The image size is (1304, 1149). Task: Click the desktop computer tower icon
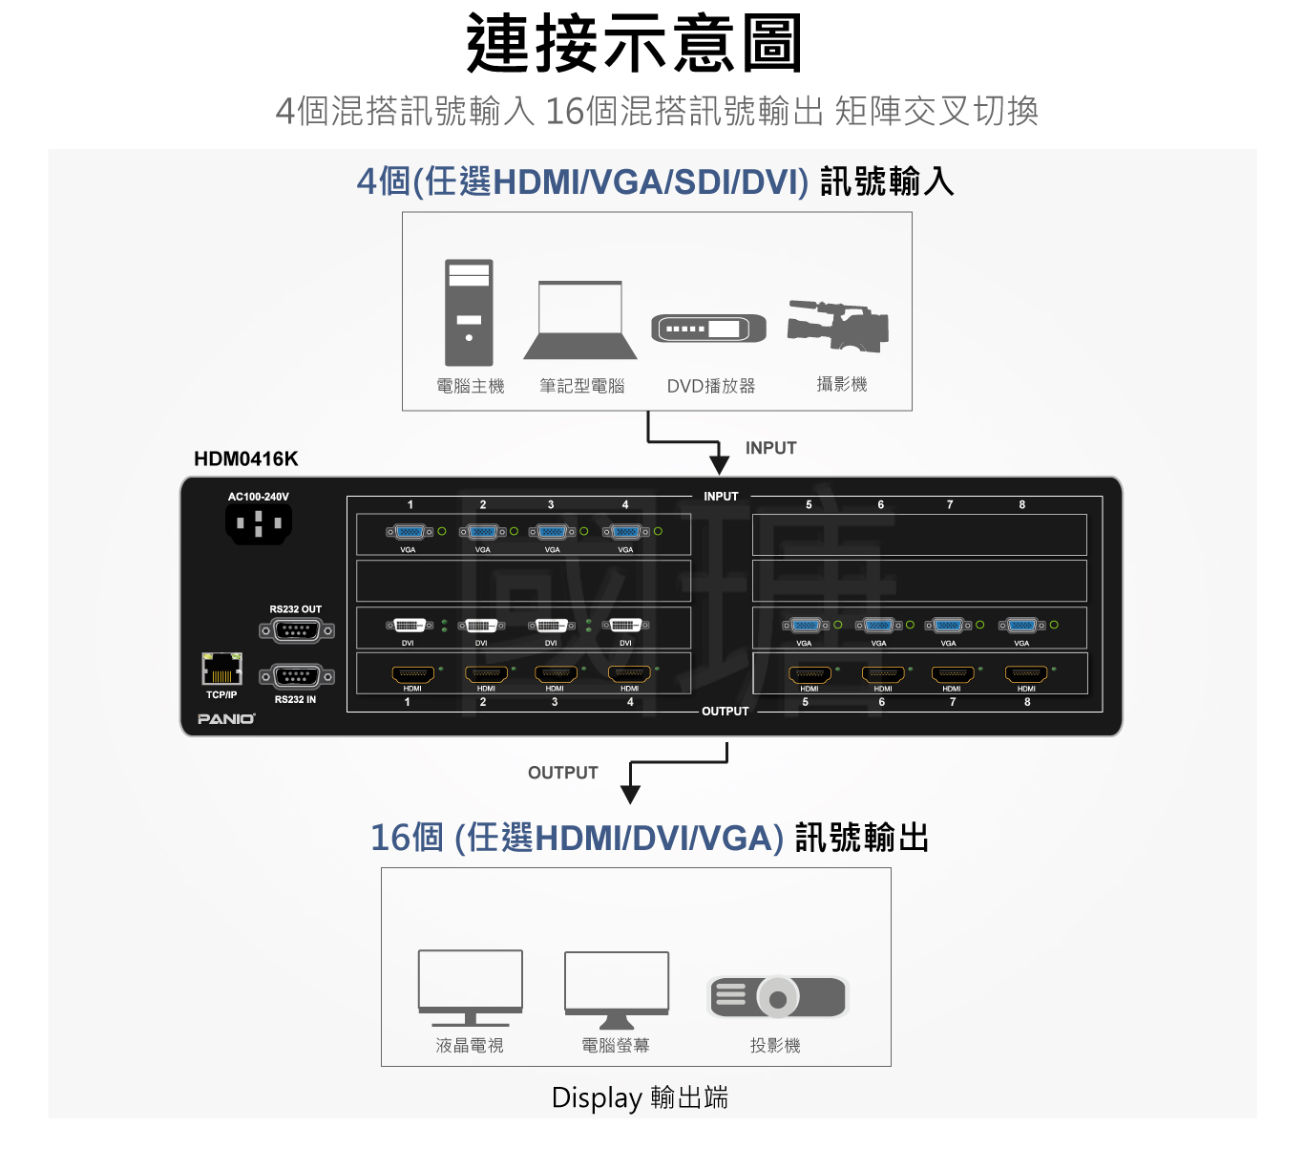(469, 312)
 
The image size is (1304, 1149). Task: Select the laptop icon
(579, 320)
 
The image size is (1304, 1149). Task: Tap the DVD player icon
(708, 329)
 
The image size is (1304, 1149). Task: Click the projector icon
(777, 997)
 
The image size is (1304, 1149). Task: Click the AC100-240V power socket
(258, 523)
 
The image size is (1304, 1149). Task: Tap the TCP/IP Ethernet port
(221, 669)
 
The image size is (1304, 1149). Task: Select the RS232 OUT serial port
(296, 630)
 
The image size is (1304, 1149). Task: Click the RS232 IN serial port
(296, 677)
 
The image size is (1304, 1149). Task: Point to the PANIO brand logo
(226, 719)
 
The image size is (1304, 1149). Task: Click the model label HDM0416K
(246, 458)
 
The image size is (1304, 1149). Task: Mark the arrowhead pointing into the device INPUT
(719, 465)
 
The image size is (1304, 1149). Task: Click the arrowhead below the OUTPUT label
(630, 795)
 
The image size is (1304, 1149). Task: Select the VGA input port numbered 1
(410, 532)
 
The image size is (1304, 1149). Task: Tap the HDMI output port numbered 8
(1026, 674)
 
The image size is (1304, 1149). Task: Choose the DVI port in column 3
(551, 626)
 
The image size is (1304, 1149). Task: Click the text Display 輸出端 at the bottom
(640, 1097)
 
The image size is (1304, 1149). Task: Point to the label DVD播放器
(710, 386)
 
